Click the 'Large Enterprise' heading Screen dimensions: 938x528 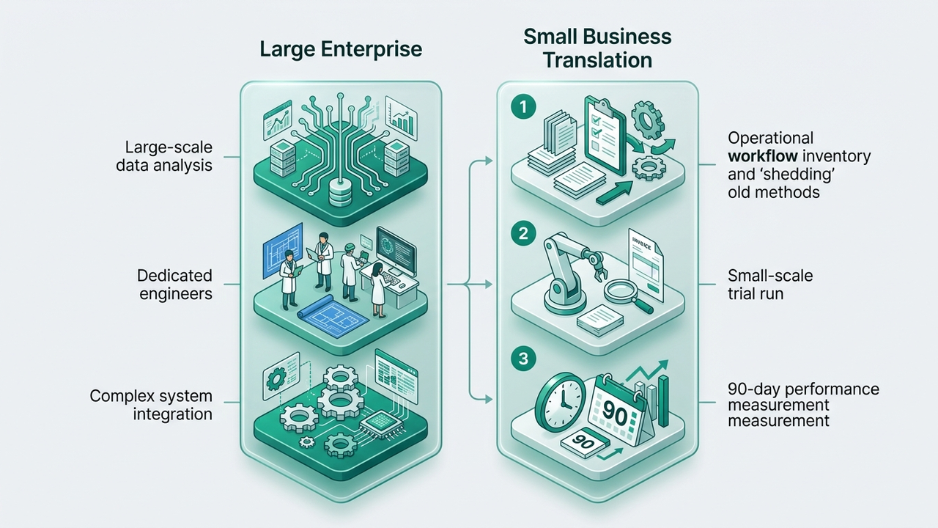(341, 49)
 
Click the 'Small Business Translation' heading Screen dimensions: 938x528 (597, 48)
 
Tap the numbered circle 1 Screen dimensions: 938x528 (523, 107)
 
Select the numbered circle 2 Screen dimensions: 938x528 (523, 233)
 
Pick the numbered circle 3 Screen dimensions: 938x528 (523, 359)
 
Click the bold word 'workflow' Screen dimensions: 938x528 (763, 156)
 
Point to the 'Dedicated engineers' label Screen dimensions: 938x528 (175, 285)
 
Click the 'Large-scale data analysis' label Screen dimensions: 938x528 (164, 157)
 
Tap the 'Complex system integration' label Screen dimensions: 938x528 (151, 405)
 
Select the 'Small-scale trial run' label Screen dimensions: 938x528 (770, 285)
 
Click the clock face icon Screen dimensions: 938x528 (561, 400)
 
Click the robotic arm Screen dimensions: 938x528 (574, 272)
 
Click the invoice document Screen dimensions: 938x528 (646, 265)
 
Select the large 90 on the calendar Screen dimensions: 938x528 (615, 416)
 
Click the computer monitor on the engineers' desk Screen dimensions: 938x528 (396, 252)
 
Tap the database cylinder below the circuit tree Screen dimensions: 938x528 (340, 193)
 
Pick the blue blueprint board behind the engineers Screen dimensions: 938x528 (283, 251)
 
